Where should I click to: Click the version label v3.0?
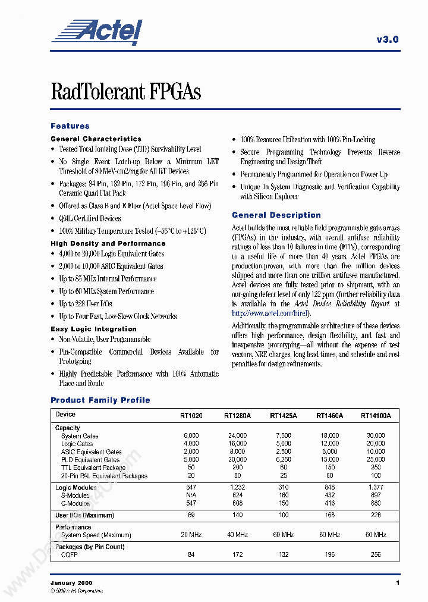tap(388, 39)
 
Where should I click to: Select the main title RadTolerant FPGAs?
tap(125, 92)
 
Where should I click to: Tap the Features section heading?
tap(70, 126)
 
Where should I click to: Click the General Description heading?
tap(276, 215)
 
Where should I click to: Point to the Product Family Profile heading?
tap(100, 400)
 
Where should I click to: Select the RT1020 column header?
tap(191, 416)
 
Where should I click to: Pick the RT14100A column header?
tap(376, 416)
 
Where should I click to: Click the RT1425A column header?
tap(284, 416)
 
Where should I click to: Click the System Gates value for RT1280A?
tap(237, 435)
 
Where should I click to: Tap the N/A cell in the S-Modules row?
tap(191, 496)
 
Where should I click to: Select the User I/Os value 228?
tap(376, 515)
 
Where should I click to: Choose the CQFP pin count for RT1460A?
tap(329, 555)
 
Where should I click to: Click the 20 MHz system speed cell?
tap(191, 535)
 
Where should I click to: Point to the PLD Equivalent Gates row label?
tap(90, 460)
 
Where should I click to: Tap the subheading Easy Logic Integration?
tap(93, 329)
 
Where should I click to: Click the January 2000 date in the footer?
tap(71, 582)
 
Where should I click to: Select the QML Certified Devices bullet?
tap(90, 218)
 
